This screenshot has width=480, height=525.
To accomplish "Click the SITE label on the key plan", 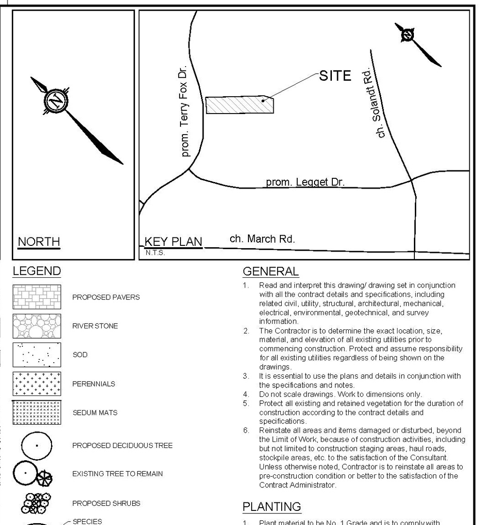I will (x=335, y=76).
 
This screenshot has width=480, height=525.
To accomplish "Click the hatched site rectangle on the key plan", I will (x=239, y=105).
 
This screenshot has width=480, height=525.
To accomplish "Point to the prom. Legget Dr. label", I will (x=305, y=182).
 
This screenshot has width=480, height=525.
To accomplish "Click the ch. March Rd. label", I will (x=262, y=239).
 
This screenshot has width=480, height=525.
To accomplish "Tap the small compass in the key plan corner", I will (x=408, y=35).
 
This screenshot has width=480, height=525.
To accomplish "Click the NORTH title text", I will (x=39, y=242).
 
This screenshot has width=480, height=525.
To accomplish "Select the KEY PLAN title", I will (x=173, y=242).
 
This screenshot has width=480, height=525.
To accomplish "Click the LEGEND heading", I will (x=37, y=271).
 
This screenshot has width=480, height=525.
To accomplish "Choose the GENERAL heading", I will (x=270, y=271).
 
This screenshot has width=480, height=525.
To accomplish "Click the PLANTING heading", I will (x=271, y=507).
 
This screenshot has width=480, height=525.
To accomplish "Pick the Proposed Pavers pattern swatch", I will (x=37, y=297).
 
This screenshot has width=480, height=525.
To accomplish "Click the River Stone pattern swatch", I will (x=37, y=326).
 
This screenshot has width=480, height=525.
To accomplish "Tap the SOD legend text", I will (x=80, y=355).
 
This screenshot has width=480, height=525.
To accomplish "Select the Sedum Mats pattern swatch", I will (x=37, y=413).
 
